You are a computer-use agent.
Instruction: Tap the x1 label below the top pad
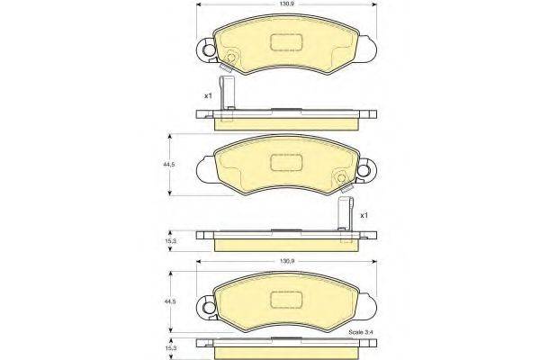click(x=207, y=94)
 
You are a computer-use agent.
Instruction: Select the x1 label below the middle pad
click(x=363, y=216)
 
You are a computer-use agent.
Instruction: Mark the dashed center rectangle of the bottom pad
click(x=286, y=301)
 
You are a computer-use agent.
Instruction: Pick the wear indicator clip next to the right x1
click(x=343, y=218)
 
